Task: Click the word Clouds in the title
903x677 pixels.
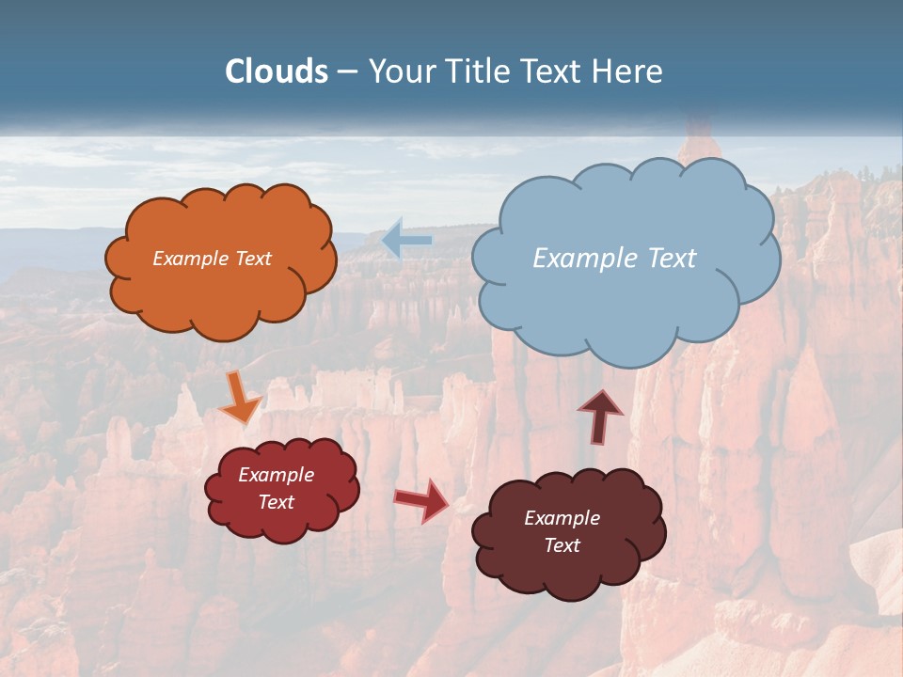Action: pyautogui.click(x=277, y=71)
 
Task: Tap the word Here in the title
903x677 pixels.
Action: pyautogui.click(x=629, y=71)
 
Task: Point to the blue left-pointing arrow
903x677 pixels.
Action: pyautogui.click(x=406, y=241)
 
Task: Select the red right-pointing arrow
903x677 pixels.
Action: pyautogui.click(x=422, y=499)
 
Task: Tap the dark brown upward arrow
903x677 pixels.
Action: pyautogui.click(x=600, y=417)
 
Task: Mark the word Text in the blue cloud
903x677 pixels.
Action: pyautogui.click(x=672, y=259)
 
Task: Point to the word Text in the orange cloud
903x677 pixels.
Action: pyautogui.click(x=253, y=259)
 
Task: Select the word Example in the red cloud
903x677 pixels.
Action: pyautogui.click(x=277, y=475)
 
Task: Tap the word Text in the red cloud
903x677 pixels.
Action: pyautogui.click(x=277, y=502)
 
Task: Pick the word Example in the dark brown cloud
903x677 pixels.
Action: pyautogui.click(x=562, y=518)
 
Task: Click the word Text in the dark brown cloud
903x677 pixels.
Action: pyautogui.click(x=562, y=545)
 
